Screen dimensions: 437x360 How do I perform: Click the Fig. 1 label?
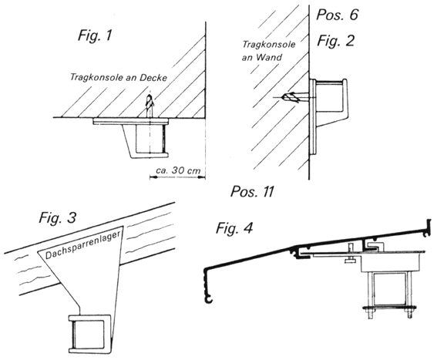(95, 36)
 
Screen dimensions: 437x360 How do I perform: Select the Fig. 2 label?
(335, 41)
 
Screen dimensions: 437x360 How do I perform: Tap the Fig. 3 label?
(57, 218)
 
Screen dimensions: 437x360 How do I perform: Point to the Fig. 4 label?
(234, 228)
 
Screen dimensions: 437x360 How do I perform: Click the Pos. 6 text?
(338, 15)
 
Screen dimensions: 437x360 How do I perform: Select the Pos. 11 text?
(252, 192)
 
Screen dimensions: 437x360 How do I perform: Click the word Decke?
(153, 78)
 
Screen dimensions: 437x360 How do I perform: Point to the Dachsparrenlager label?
(83, 245)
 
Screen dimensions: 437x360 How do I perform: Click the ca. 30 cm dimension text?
(178, 170)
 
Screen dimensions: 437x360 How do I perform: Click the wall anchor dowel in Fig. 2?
(291, 97)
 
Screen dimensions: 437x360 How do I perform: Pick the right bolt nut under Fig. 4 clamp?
(409, 313)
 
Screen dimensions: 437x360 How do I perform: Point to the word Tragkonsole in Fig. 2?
(269, 45)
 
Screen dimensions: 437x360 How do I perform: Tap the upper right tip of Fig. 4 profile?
(429, 220)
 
